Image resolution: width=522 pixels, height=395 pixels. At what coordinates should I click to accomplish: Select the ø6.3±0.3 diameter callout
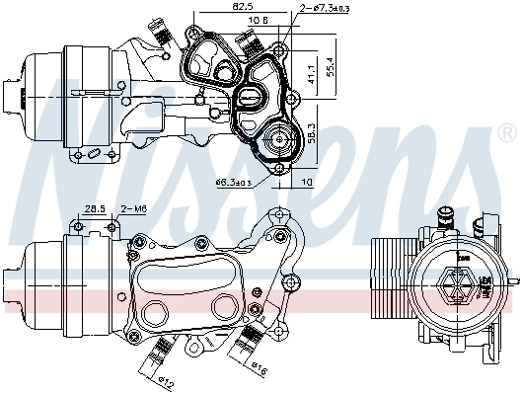(234, 182)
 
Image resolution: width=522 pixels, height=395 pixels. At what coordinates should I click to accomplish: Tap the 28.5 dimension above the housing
(95, 209)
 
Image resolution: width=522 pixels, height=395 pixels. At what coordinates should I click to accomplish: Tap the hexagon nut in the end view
(459, 284)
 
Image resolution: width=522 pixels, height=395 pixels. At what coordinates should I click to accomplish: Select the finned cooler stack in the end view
(387, 287)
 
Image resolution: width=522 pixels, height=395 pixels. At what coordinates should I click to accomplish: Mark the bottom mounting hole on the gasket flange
(278, 168)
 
